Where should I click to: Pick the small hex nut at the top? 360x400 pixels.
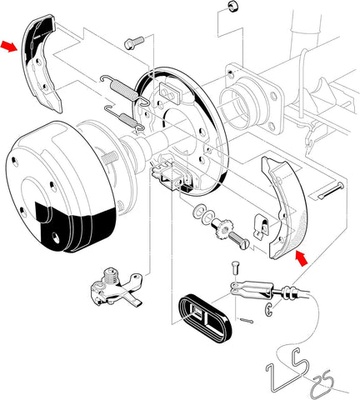coord(230,7)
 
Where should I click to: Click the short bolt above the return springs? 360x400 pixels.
coord(132,42)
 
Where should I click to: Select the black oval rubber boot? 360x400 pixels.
coord(204,316)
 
